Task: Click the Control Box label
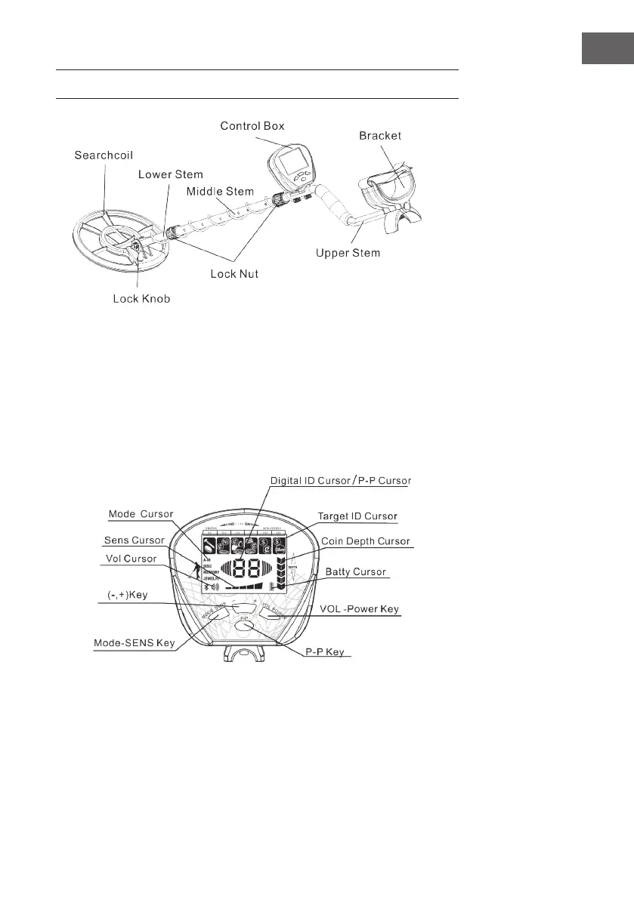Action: click(x=252, y=125)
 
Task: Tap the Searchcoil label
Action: click(x=104, y=155)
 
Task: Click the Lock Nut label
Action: click(x=234, y=273)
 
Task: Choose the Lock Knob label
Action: click(x=137, y=299)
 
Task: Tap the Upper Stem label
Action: click(x=348, y=253)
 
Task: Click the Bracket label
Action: click(x=381, y=136)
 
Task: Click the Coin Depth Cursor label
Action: click(x=364, y=542)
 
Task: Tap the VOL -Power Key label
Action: click(x=360, y=609)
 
